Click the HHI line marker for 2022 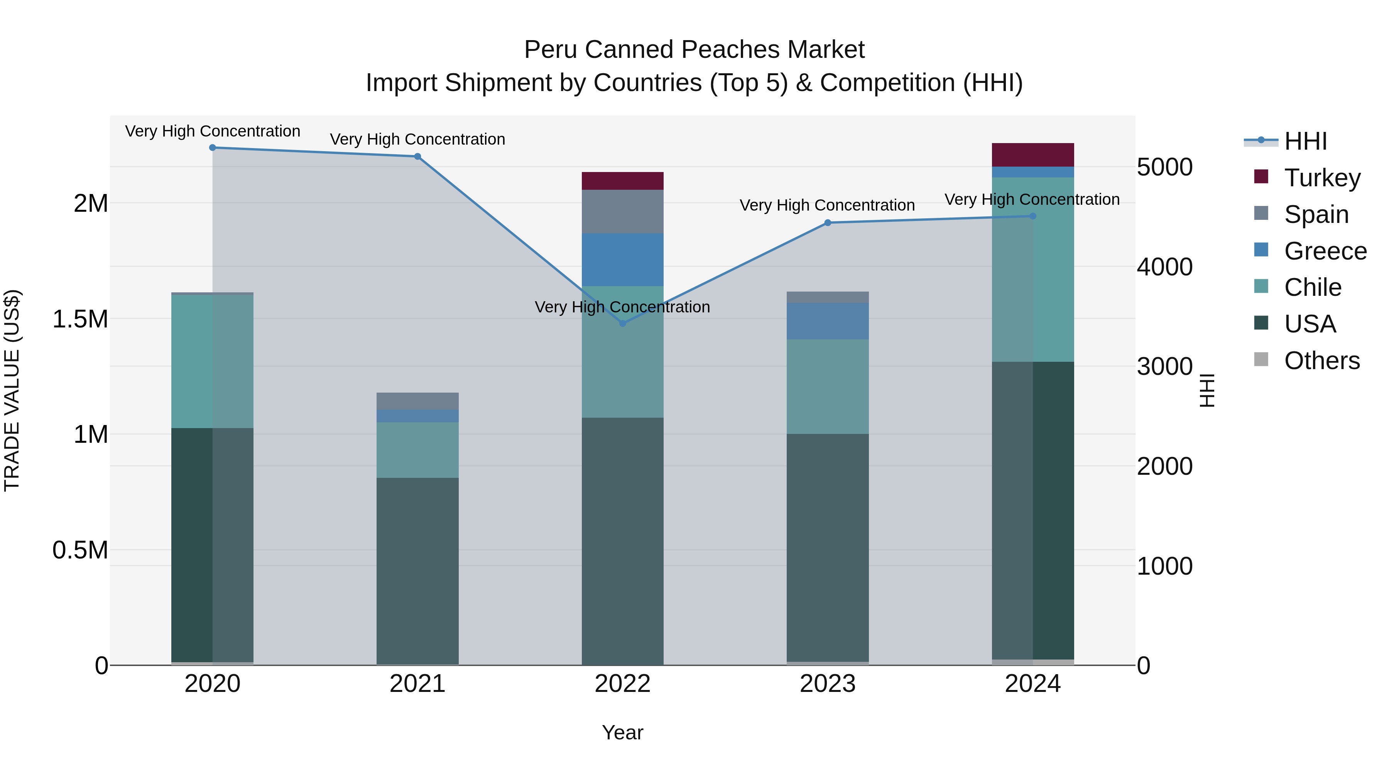pyautogui.click(x=622, y=324)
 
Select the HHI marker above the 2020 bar pyautogui.click(x=213, y=148)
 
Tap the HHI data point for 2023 pyautogui.click(x=828, y=223)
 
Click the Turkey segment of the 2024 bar pyautogui.click(x=1032, y=155)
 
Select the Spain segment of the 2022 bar pyautogui.click(x=622, y=211)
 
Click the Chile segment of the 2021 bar pyautogui.click(x=417, y=450)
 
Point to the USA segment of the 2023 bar pyautogui.click(x=828, y=547)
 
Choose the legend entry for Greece pyautogui.click(x=1325, y=251)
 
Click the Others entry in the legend pyautogui.click(x=1321, y=361)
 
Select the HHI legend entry pyautogui.click(x=1305, y=141)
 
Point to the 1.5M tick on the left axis pyautogui.click(x=80, y=319)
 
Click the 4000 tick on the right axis pyautogui.click(x=1165, y=267)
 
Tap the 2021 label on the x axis pyautogui.click(x=417, y=684)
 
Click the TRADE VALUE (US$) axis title pyautogui.click(x=12, y=390)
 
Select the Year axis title pyautogui.click(x=622, y=732)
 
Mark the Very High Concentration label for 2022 pyautogui.click(x=622, y=307)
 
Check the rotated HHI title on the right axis pyautogui.click(x=1207, y=390)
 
